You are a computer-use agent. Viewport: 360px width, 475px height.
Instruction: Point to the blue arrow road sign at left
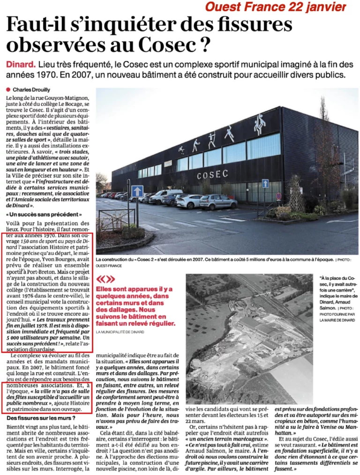pos(137,191)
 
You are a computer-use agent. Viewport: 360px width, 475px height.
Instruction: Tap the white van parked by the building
pos(165,196)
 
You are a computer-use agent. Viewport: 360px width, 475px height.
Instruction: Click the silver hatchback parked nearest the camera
pos(218,202)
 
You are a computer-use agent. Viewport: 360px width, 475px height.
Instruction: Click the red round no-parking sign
pos(278,196)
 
